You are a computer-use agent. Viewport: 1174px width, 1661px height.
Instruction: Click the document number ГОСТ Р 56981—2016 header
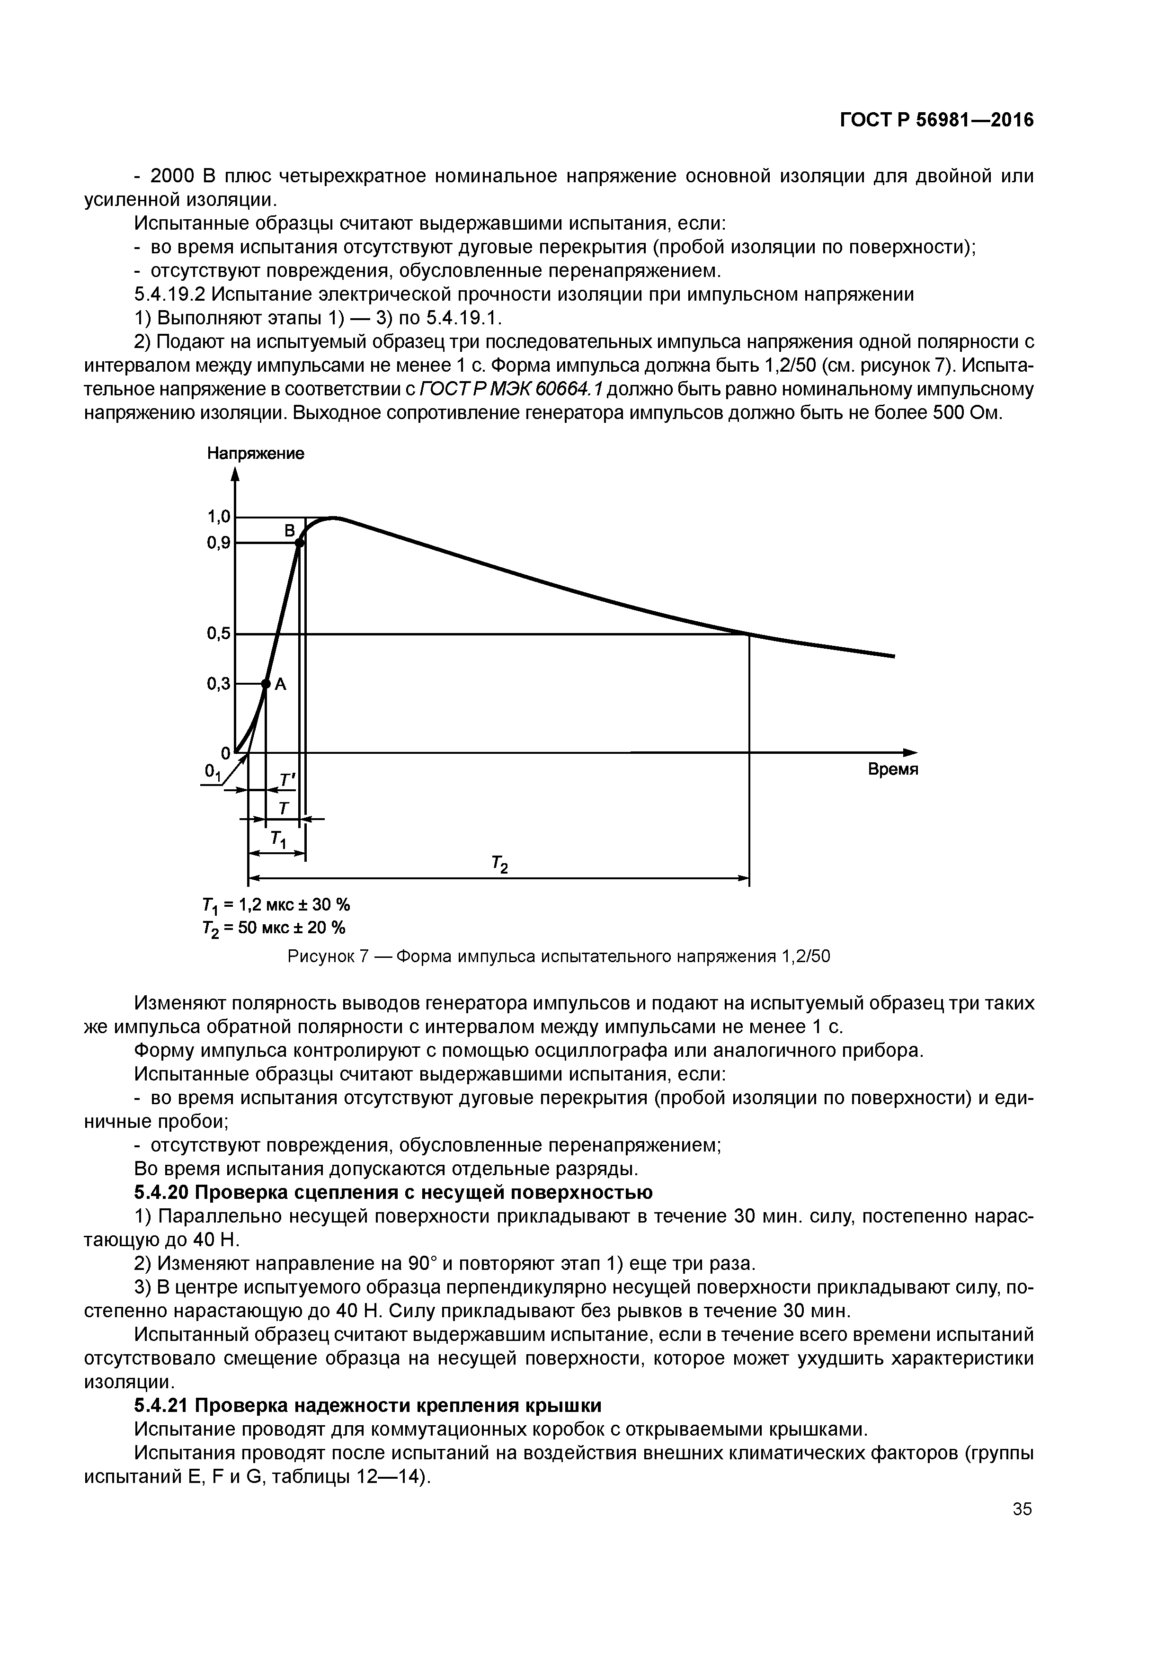[936, 120]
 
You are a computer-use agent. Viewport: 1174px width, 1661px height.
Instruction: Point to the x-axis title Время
[893, 769]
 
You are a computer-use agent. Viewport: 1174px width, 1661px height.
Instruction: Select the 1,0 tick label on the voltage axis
[218, 517]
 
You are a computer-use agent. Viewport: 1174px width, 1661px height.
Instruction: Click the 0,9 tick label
[218, 543]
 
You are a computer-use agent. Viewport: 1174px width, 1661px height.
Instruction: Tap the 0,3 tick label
[218, 683]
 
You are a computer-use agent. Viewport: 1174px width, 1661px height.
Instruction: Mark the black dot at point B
[300, 543]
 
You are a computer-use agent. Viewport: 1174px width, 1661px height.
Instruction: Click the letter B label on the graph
[289, 531]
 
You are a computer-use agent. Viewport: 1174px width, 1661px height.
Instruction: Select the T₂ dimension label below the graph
[499, 864]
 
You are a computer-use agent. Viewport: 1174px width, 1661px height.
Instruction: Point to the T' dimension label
[288, 780]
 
